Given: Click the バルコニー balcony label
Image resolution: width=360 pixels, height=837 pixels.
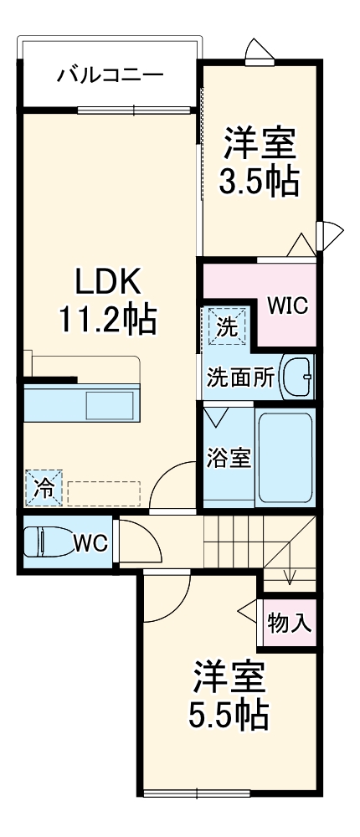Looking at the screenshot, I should (110, 76).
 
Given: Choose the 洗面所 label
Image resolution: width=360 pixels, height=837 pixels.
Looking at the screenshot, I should (240, 377).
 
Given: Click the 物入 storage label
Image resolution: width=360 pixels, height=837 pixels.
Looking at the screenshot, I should (290, 624).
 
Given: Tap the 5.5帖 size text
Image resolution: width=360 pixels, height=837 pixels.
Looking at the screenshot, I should (229, 714).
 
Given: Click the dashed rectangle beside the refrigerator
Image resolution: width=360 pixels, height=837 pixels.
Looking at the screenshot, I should (103, 492).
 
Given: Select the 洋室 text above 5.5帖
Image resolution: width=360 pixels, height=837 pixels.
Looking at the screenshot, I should (229, 676).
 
